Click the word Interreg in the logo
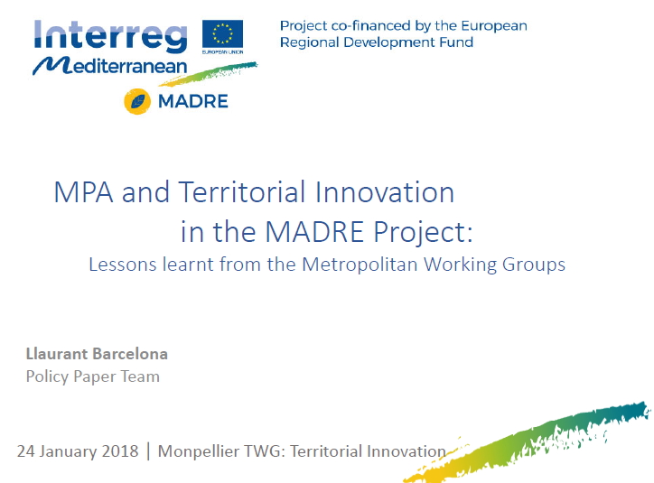[x=110, y=36]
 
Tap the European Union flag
[x=223, y=34]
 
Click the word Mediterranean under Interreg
[x=110, y=66]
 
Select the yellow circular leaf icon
[x=137, y=101]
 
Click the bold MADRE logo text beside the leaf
[x=193, y=101]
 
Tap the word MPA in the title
[x=83, y=192]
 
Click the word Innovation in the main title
[x=385, y=192]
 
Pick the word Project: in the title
[x=423, y=232]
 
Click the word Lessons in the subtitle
[x=123, y=265]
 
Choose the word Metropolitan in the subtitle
[x=360, y=265]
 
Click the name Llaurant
[x=56, y=354]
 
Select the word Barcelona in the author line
[x=130, y=354]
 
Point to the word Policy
[x=47, y=376]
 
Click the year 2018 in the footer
[x=120, y=451]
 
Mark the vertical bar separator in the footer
[x=148, y=451]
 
